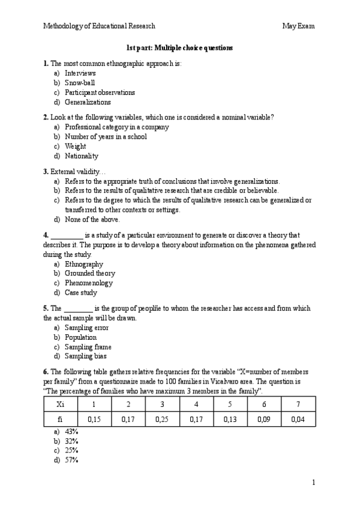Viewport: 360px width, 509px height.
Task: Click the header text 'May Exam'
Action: (298, 26)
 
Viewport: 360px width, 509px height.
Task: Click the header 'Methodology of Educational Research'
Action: (99, 26)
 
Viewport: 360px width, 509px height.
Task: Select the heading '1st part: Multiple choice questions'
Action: (179, 47)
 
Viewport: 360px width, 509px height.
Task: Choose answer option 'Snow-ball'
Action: (80, 83)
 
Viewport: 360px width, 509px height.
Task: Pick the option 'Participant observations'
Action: (100, 92)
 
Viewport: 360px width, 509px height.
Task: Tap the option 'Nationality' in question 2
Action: (82, 156)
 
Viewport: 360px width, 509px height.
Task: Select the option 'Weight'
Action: (75, 146)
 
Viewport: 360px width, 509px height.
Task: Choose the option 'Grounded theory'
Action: (89, 274)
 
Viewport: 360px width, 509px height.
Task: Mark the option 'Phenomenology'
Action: (89, 283)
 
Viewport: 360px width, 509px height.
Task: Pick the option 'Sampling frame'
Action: (88, 347)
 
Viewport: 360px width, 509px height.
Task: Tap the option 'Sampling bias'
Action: (86, 357)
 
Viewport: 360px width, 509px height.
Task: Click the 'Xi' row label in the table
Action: (59, 404)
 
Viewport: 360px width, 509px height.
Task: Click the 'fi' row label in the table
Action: (59, 420)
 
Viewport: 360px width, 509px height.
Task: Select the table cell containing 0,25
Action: (161, 420)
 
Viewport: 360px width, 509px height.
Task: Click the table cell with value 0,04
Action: (298, 420)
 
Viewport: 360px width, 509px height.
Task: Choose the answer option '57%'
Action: (71, 460)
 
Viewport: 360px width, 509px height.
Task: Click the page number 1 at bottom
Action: (313, 483)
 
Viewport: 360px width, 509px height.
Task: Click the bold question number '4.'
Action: (46, 235)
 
